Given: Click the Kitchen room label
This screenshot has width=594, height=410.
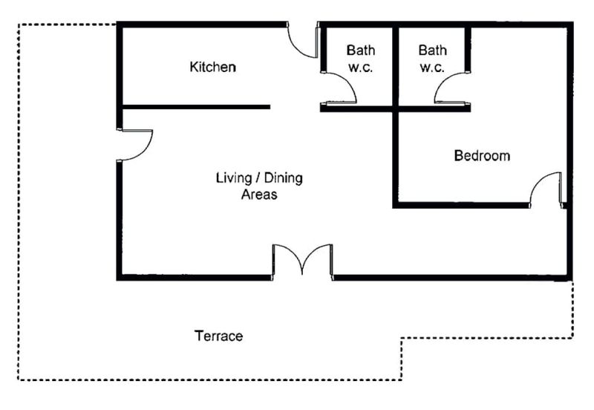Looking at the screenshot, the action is [212, 67].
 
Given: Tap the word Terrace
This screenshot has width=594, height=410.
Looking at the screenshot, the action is [218, 336].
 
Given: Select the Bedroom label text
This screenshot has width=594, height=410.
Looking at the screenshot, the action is [482, 156].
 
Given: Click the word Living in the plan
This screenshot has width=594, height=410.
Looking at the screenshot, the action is [234, 178].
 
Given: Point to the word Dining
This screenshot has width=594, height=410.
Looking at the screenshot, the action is [284, 178].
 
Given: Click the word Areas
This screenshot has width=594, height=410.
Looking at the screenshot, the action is [259, 195].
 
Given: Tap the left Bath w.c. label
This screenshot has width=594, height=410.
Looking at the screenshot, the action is [361, 59].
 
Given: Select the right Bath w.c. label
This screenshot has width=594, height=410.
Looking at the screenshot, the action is [432, 59].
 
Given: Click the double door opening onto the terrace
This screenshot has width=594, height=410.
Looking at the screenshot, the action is [302, 261].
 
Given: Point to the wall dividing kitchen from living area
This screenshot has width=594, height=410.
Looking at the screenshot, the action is [196, 107].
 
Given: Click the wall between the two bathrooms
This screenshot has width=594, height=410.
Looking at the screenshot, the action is [396, 67].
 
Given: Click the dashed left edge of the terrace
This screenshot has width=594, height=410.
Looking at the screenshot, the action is [18, 202].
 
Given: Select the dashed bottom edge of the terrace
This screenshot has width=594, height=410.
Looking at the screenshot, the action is [210, 380].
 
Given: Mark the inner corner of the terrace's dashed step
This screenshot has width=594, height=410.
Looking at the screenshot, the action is [402, 338].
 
